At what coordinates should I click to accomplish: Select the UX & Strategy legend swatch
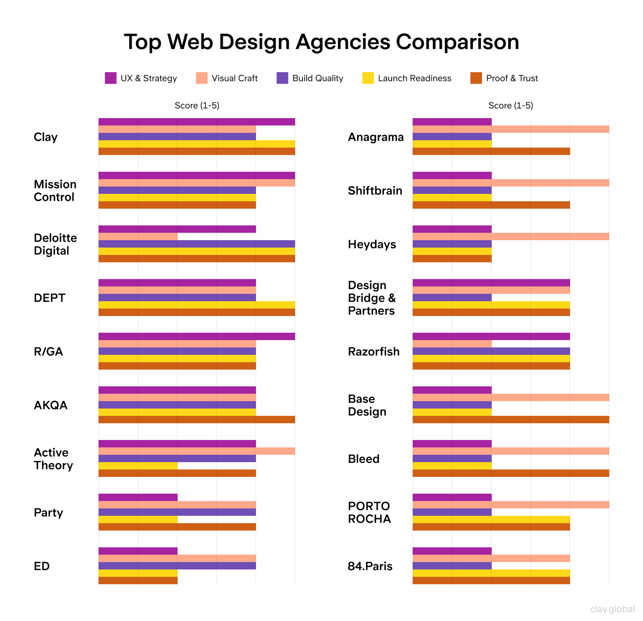[x=111, y=78]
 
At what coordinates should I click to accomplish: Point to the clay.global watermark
[x=612, y=609]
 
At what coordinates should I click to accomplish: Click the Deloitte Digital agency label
[x=55, y=244]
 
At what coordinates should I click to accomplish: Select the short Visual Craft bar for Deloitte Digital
[x=138, y=236]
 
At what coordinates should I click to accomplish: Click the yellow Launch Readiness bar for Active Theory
[x=138, y=466]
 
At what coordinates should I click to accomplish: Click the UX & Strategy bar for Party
[x=138, y=497]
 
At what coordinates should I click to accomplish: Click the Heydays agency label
[x=372, y=244]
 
